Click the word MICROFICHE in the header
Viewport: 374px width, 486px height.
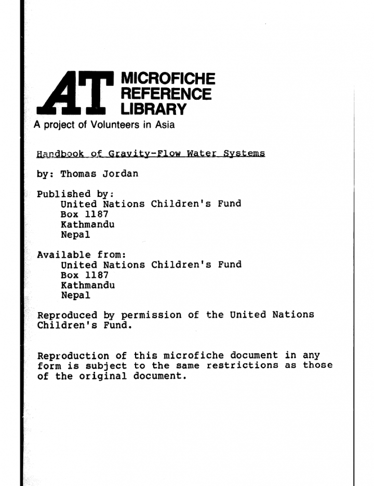167,79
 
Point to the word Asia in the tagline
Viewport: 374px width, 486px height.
165,125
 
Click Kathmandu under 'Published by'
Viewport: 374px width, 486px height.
87,225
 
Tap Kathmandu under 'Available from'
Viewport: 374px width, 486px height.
87,285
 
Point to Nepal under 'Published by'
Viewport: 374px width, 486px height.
75,235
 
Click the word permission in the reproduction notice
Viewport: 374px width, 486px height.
151,315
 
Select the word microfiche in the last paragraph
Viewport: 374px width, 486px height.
194,356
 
